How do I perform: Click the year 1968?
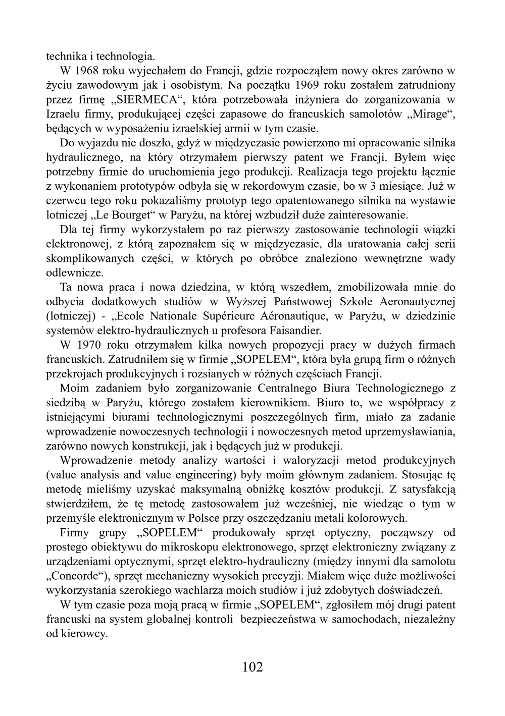point(89,70)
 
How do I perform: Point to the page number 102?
point(252,667)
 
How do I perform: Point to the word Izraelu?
point(62,114)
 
